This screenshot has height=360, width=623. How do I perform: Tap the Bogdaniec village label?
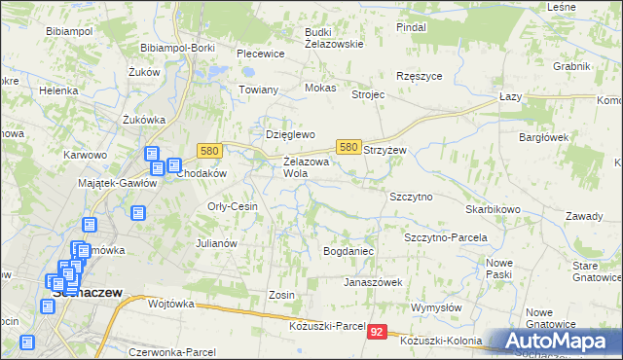pos(348,251)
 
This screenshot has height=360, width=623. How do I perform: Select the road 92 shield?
pos(380,333)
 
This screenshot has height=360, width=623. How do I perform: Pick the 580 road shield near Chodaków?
pos(209,150)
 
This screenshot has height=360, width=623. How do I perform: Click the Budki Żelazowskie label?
pos(333,37)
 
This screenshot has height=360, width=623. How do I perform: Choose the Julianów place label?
pos(217,243)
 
